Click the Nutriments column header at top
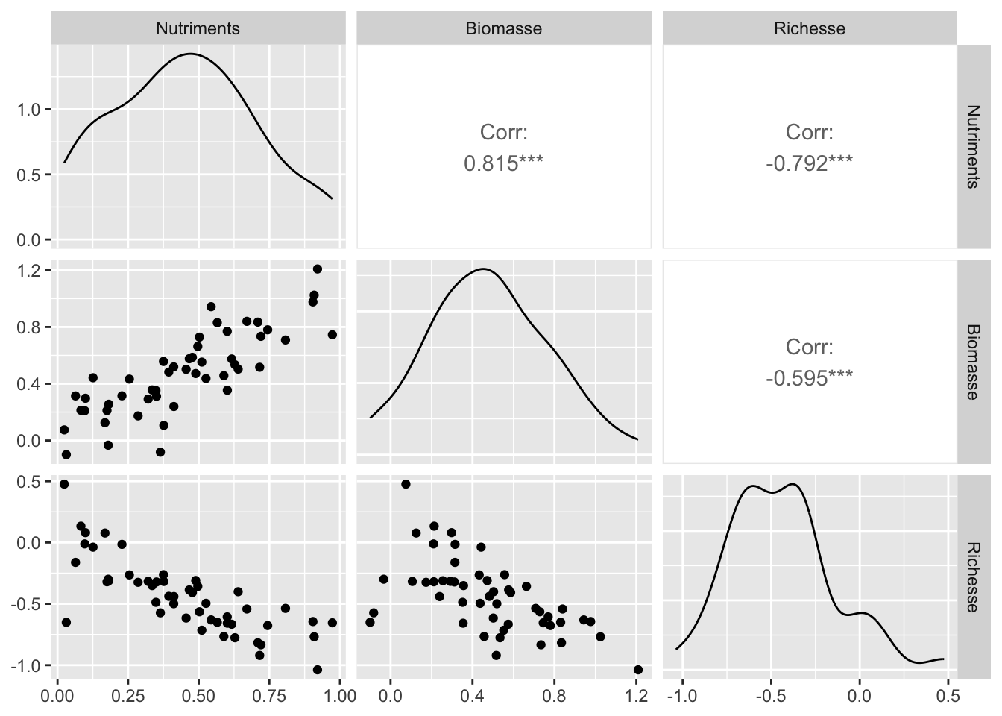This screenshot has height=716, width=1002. [198, 28]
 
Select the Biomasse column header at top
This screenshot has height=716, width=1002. [503, 28]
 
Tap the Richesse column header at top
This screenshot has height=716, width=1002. [809, 28]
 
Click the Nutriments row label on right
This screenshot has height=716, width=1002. [973, 146]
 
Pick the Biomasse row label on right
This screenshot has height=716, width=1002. [973, 362]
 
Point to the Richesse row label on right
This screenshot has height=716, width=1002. [973, 577]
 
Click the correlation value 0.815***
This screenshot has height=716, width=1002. [503, 163]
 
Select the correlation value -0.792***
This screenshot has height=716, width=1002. [809, 163]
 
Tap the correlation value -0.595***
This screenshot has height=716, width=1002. [809, 378]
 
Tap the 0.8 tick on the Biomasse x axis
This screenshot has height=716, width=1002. [554, 697]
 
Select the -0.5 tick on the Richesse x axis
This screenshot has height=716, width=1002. [772, 697]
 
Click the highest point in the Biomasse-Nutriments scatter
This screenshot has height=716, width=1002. [317, 268]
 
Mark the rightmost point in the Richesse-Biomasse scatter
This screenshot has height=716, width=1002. [637, 670]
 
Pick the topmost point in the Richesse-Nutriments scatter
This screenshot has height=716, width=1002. [64, 484]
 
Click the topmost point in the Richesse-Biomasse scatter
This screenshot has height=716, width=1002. [406, 484]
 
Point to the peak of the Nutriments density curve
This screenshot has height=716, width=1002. [191, 54]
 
